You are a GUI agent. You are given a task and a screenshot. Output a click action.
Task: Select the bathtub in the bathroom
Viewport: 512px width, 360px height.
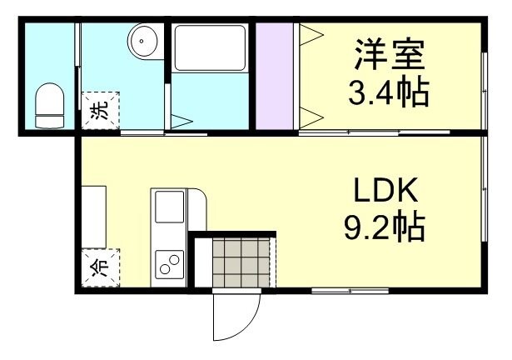[210, 48]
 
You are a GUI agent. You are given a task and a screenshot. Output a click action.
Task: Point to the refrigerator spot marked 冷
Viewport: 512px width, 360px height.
[99, 267]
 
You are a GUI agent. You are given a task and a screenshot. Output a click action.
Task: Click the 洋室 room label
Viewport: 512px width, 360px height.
[390, 56]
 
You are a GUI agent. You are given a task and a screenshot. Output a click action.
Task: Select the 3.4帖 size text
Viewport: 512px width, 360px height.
[390, 92]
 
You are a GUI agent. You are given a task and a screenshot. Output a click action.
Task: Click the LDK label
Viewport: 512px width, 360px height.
[388, 192]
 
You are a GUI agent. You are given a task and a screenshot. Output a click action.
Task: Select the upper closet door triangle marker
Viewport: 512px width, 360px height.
[310, 36]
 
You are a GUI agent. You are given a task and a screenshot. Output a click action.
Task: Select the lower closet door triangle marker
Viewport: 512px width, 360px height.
[310, 114]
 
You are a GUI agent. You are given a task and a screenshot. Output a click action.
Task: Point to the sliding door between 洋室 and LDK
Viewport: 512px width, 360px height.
[366, 132]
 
